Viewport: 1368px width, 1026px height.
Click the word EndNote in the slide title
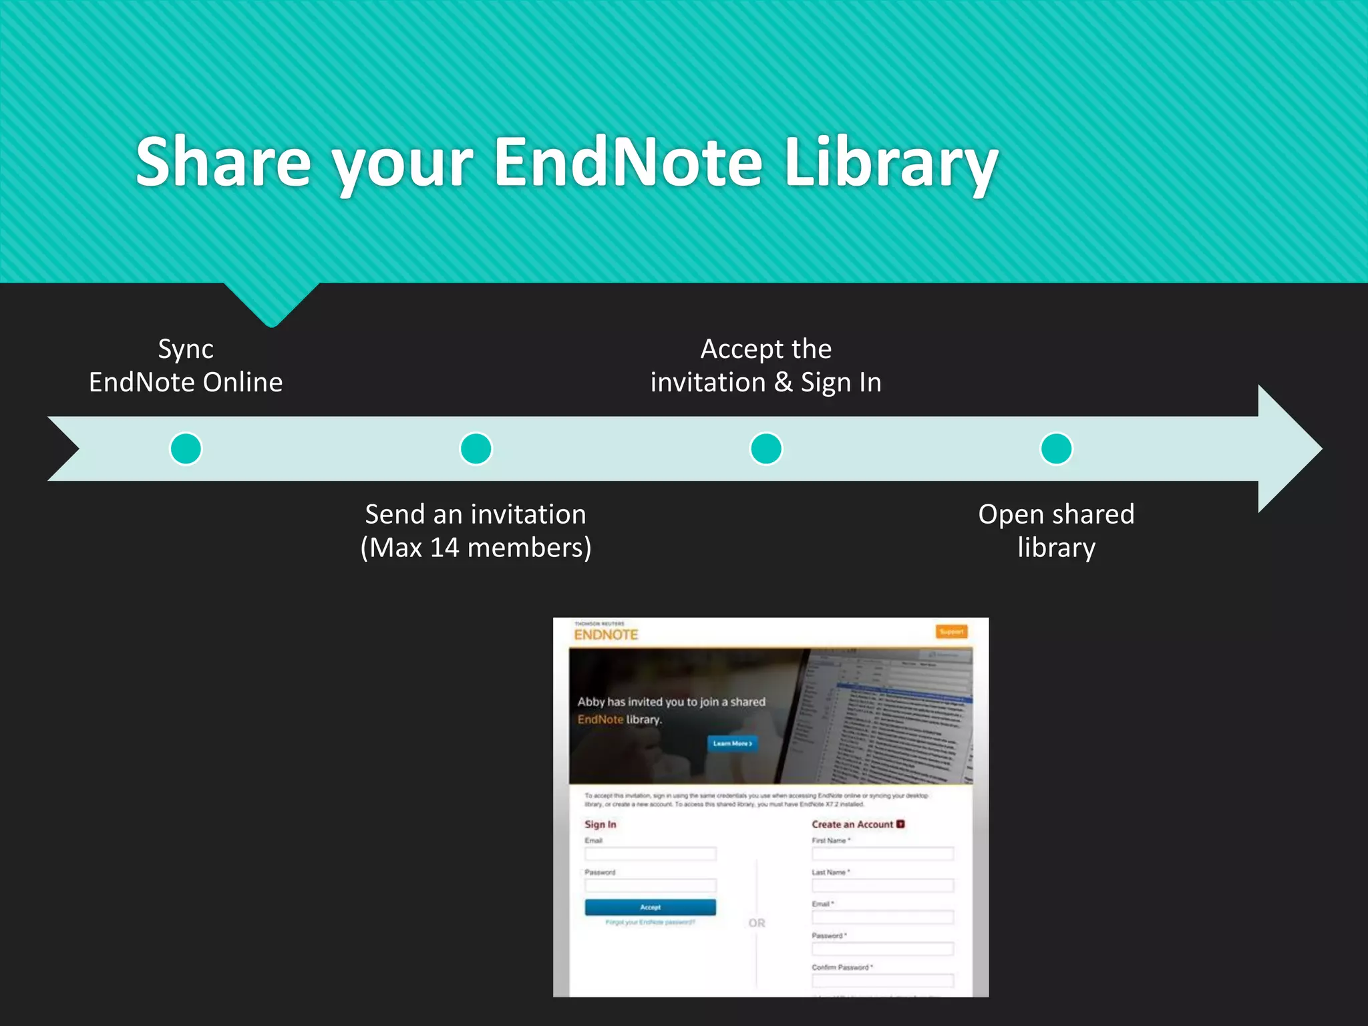pyautogui.click(x=628, y=162)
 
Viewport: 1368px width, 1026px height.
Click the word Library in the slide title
pyautogui.click(x=890, y=162)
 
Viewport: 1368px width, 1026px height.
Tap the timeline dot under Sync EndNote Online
pyautogui.click(x=186, y=448)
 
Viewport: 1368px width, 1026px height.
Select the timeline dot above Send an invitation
pyautogui.click(x=476, y=448)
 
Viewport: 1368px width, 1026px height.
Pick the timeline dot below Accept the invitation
pyautogui.click(x=766, y=448)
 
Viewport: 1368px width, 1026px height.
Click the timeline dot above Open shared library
pyautogui.click(x=1056, y=448)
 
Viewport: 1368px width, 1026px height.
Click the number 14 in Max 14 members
pyautogui.click(x=444, y=548)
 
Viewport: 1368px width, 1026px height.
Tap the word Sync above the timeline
pyautogui.click(x=186, y=349)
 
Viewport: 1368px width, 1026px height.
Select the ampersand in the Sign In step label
pyautogui.click(x=783, y=383)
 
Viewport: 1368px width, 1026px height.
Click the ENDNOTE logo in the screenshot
pyautogui.click(x=606, y=634)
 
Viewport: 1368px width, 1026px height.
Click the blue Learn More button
pyautogui.click(x=732, y=743)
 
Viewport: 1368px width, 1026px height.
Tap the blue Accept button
pyautogui.click(x=650, y=907)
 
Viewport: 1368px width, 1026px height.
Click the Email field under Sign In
pyautogui.click(x=650, y=854)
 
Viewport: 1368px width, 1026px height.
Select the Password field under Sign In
pyautogui.click(x=650, y=886)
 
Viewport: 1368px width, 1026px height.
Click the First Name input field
pyautogui.click(x=882, y=854)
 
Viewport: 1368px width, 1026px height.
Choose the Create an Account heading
pyautogui.click(x=852, y=824)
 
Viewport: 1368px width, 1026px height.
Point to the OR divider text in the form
pyautogui.click(x=757, y=923)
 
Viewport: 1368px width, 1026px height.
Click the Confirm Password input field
pyautogui.click(x=882, y=980)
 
